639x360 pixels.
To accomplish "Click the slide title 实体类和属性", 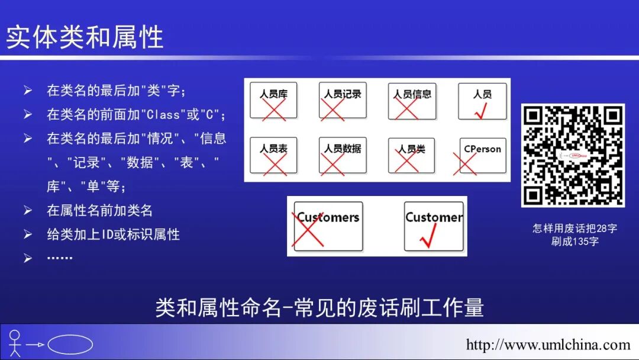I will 85,37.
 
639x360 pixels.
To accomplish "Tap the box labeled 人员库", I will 273,101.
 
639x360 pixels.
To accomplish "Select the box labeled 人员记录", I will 343,101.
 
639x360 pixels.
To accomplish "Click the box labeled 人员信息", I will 412,101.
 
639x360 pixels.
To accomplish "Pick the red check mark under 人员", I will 480,110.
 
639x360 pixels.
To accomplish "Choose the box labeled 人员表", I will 273,156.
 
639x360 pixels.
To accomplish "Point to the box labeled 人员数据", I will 343,156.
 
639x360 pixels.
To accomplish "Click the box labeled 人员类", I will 412,156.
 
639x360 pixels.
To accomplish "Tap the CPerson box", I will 482,156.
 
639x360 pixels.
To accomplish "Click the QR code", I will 573,155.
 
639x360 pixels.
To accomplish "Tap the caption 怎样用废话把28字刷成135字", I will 574,234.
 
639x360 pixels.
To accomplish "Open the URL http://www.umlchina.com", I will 548,345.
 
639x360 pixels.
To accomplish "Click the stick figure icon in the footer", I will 15,343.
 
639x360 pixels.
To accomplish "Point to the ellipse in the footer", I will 70,345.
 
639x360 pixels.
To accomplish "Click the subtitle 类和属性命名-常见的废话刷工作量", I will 319,307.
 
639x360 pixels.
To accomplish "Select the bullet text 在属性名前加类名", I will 100,210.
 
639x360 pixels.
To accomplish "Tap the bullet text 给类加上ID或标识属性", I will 114,234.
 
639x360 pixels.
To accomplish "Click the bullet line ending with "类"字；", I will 117,91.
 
